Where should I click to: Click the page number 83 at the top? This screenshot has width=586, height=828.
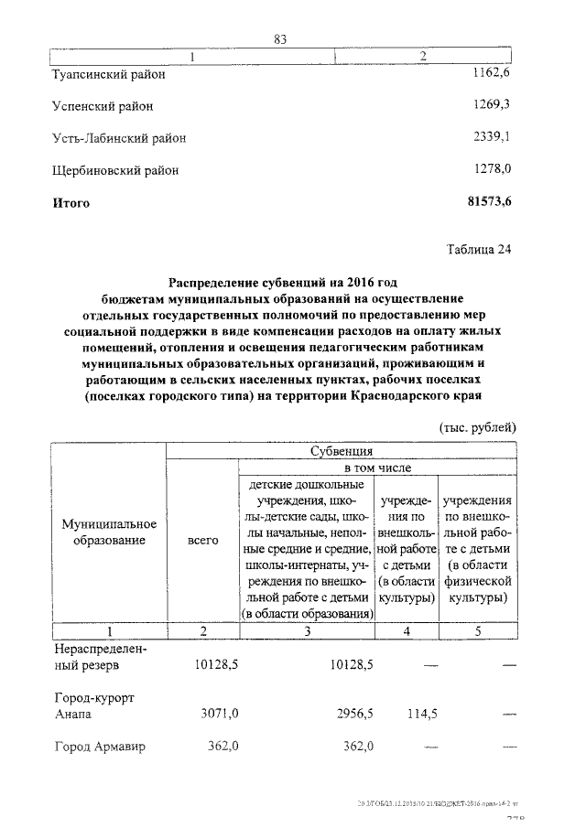[281, 38]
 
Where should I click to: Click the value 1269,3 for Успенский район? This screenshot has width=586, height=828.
[491, 105]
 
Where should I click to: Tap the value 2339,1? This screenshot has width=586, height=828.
[491, 137]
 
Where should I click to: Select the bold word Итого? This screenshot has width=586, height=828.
[71, 203]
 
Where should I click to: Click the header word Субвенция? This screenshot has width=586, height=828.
[341, 451]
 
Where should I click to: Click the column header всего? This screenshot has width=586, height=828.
[202, 541]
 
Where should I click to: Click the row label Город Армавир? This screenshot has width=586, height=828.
[102, 747]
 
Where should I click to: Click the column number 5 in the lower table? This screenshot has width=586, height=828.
[477, 631]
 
